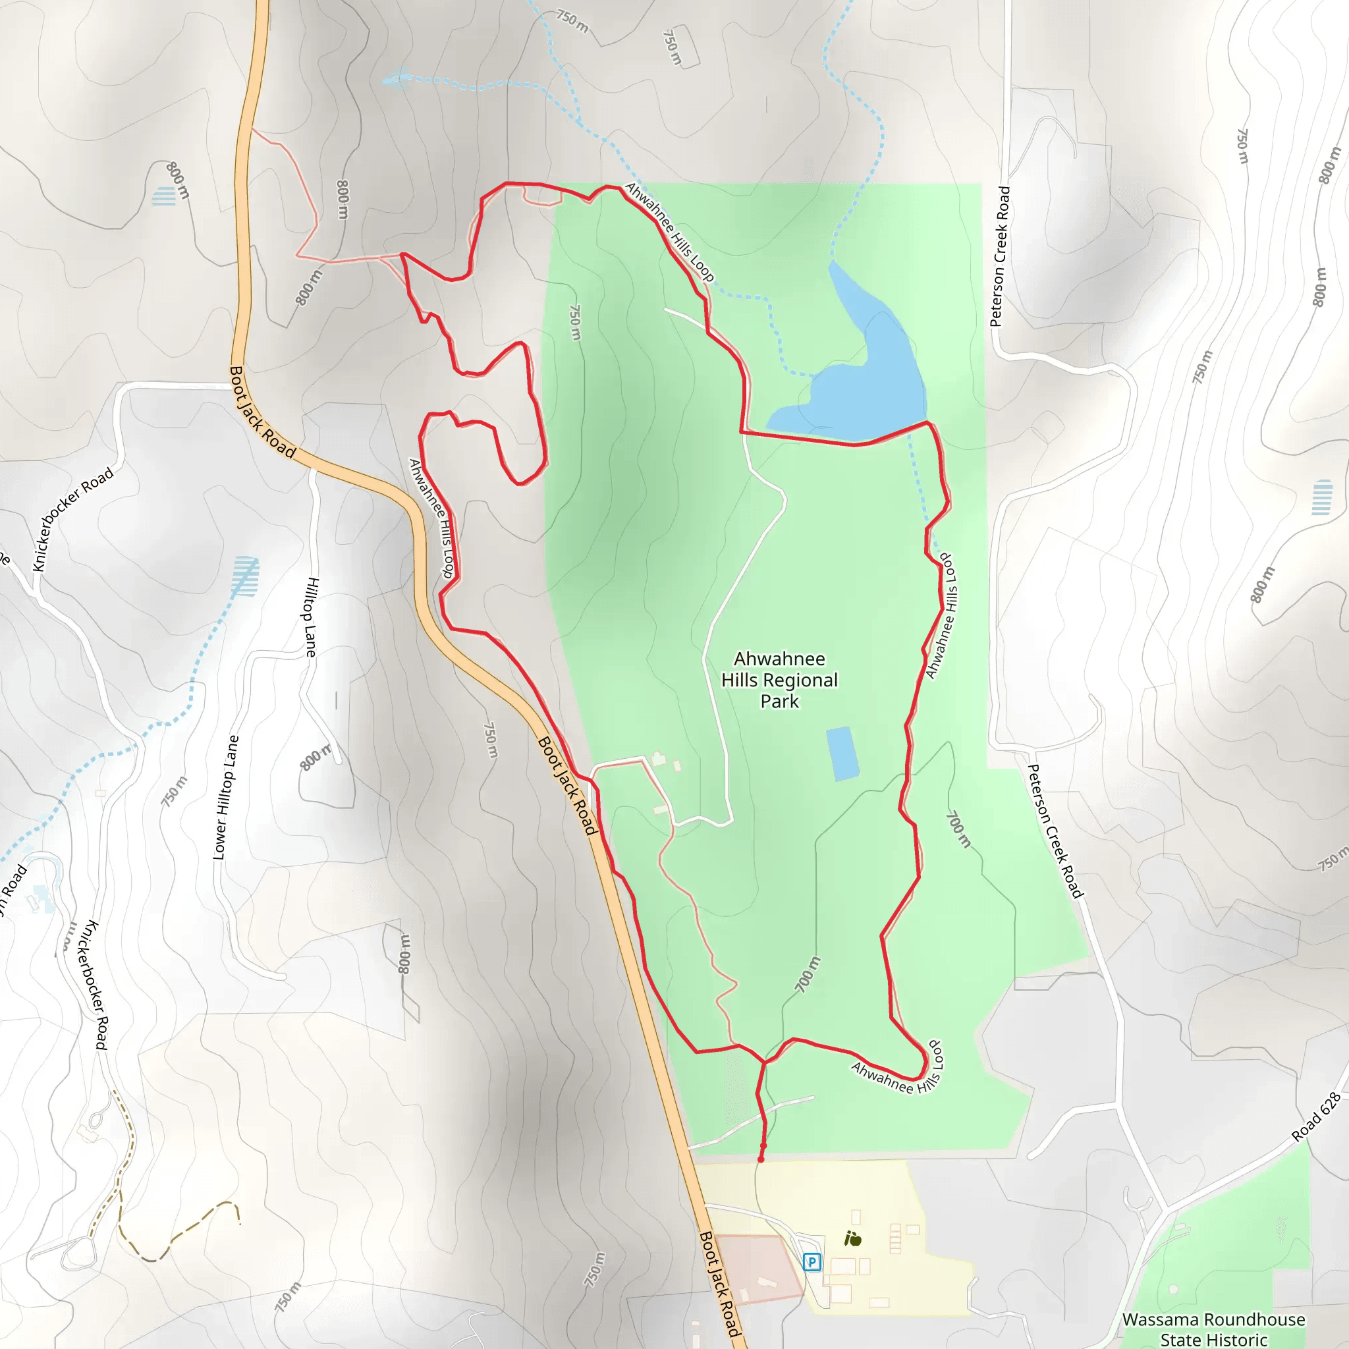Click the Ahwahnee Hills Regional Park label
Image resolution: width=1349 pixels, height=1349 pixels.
[779, 679]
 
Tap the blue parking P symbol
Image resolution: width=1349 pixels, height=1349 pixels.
[812, 1261]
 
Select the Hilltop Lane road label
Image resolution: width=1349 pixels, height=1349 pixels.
[312, 617]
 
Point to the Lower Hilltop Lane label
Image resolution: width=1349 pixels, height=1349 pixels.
[225, 798]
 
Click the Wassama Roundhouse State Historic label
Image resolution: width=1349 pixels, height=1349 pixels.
[1213, 1329]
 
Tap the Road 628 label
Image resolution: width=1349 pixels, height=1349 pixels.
[1316, 1117]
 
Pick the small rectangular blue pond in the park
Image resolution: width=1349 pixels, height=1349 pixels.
[842, 754]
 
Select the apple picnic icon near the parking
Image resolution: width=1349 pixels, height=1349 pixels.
[852, 1239]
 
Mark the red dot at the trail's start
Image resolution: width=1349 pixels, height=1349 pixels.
[761, 1159]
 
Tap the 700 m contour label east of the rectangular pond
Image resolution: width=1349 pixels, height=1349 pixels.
[958, 829]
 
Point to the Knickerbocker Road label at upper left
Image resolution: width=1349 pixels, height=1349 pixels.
[73, 519]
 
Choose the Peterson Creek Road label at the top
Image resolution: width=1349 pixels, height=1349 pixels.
[1001, 256]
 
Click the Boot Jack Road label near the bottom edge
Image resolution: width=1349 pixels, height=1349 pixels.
[720, 1284]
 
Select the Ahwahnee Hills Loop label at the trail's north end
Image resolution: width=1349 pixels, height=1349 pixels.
[669, 232]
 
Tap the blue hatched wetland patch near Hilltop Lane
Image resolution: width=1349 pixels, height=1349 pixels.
[245, 576]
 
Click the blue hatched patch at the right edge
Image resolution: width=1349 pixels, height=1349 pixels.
[1322, 497]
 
